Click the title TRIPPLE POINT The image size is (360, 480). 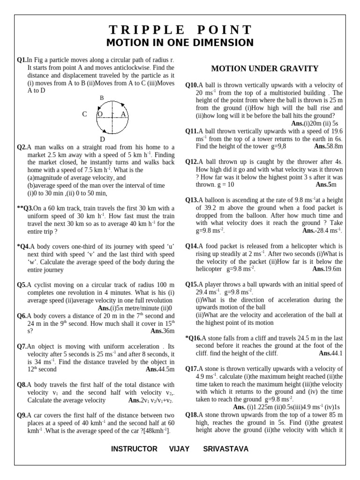[180, 30]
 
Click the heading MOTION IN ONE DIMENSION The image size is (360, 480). [180, 43]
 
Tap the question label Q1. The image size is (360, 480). [22, 60]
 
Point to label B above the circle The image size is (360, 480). [101, 97]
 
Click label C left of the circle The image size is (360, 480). [84, 114]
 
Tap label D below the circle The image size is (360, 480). [102, 139]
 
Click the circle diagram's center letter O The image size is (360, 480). [100, 114]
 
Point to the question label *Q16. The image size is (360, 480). [194, 337]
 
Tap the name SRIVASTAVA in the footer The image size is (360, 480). [225, 449]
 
